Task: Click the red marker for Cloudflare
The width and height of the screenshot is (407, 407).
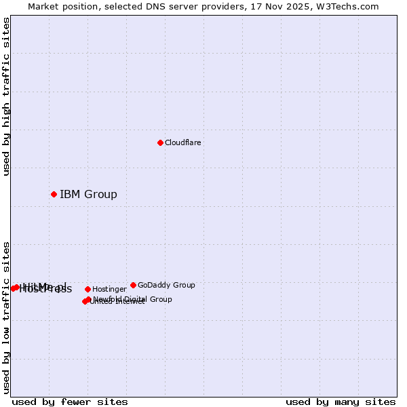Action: [160, 142]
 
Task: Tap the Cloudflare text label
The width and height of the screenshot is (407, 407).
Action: [182, 142]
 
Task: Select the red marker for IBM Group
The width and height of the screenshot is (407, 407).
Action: [54, 195]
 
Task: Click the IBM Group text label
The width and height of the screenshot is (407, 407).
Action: [88, 195]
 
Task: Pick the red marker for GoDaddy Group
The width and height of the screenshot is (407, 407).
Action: [133, 285]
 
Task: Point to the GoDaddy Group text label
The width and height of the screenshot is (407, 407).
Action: [166, 285]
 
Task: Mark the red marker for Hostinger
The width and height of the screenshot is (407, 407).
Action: [88, 290]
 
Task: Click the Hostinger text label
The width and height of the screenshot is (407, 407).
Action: [109, 290]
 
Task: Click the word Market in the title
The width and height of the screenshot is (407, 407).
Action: [44, 6]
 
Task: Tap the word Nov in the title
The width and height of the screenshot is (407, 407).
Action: [279, 6]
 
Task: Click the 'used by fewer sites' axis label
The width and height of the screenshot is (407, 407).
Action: [70, 402]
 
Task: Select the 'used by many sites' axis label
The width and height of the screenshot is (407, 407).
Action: [341, 402]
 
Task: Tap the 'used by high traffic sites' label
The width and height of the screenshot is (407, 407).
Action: [6, 96]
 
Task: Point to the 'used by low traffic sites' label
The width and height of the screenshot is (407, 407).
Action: [6, 317]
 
